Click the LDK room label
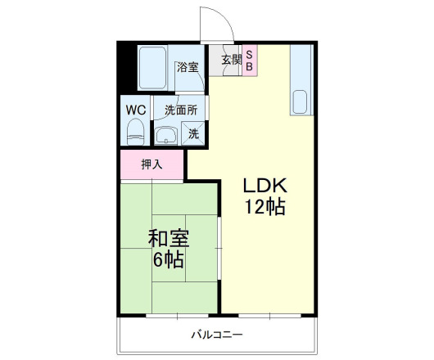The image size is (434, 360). (x=264, y=184)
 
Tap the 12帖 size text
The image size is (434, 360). (x=264, y=207)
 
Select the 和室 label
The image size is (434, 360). (x=169, y=239)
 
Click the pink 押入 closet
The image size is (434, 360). (x=153, y=164)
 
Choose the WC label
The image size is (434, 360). (x=135, y=109)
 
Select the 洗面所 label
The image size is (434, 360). (x=180, y=109)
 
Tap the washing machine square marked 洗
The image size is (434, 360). (x=194, y=133)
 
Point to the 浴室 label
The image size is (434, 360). (x=188, y=67)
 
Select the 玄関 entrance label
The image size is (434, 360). (x=230, y=59)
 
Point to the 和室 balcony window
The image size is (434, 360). (x=170, y=314)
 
